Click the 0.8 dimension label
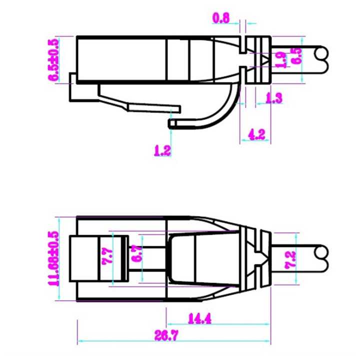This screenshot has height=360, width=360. (x=221, y=18)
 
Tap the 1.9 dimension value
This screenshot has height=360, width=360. (x=281, y=60)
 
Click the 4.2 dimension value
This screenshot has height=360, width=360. (x=256, y=133)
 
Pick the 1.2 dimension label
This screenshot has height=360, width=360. (x=162, y=149)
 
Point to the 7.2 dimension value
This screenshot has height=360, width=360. (x=290, y=259)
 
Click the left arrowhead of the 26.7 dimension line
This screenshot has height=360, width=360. (x=79, y=342)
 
